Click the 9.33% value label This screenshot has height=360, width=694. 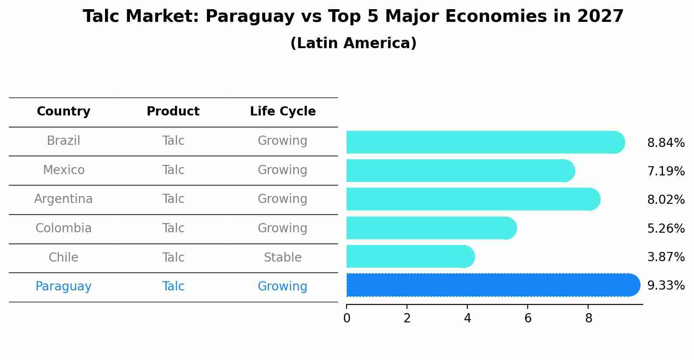click(666, 286)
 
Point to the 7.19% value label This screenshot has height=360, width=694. click(666, 171)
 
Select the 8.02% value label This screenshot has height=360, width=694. click(666, 200)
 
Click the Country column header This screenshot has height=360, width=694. click(63, 112)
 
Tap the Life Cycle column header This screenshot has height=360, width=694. click(283, 112)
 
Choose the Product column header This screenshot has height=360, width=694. click(173, 112)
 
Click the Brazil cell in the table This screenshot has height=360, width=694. click(63, 141)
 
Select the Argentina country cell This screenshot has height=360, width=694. click(63, 199)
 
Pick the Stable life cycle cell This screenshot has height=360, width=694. click(283, 257)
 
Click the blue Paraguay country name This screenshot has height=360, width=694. click(63, 287)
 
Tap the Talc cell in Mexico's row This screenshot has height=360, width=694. click(173, 170)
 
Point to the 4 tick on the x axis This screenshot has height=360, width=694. click(467, 318)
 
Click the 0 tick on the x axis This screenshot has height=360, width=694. click(347, 318)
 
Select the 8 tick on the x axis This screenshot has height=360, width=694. click(589, 318)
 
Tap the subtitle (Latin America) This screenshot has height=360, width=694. click(353, 43)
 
